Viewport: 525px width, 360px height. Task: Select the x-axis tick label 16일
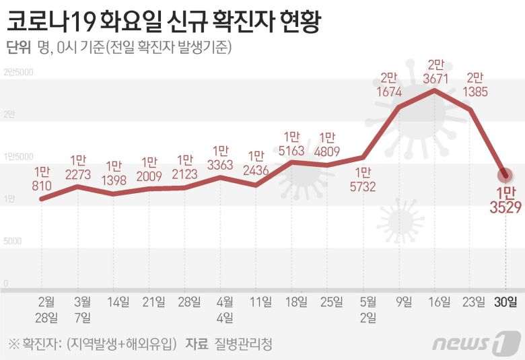(440, 302)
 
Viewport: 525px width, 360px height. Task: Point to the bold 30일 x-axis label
(505, 302)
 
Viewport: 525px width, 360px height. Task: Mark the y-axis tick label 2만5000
(18, 72)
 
